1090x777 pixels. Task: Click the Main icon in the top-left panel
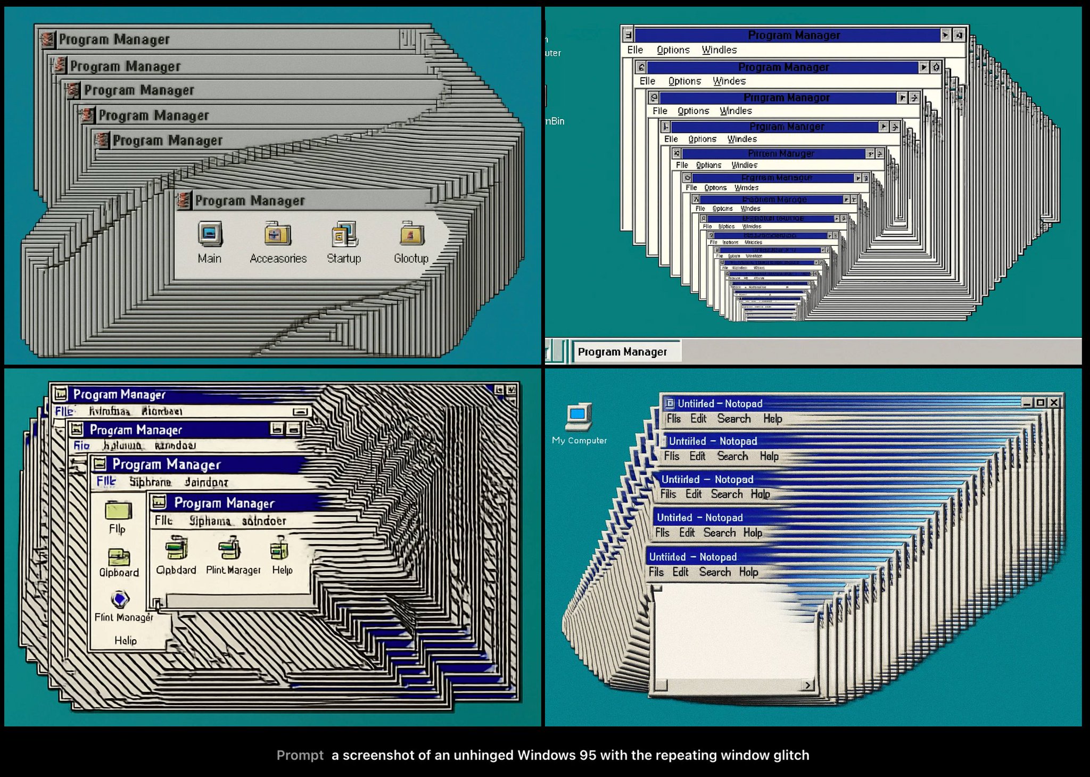(x=210, y=234)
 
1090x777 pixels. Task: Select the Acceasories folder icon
(x=277, y=234)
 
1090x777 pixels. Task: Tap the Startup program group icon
(x=344, y=235)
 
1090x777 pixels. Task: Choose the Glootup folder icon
(x=411, y=234)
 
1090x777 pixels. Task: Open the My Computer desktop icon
(x=579, y=417)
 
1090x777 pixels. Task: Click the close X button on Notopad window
(x=1054, y=403)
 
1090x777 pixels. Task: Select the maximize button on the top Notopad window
(x=1041, y=403)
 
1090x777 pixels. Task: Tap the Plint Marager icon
(x=230, y=549)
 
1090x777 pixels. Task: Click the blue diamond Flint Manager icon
(x=120, y=599)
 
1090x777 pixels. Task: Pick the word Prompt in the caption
(x=300, y=755)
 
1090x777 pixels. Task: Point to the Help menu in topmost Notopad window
(x=772, y=419)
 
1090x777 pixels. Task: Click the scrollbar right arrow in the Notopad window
(x=808, y=685)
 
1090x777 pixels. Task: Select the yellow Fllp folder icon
(x=118, y=511)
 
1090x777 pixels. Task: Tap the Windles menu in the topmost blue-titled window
(x=719, y=50)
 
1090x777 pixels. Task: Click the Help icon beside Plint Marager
(x=279, y=549)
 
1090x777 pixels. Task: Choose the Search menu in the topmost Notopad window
(x=734, y=419)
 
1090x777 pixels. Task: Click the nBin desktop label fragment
(x=555, y=121)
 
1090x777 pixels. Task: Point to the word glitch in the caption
(x=791, y=755)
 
